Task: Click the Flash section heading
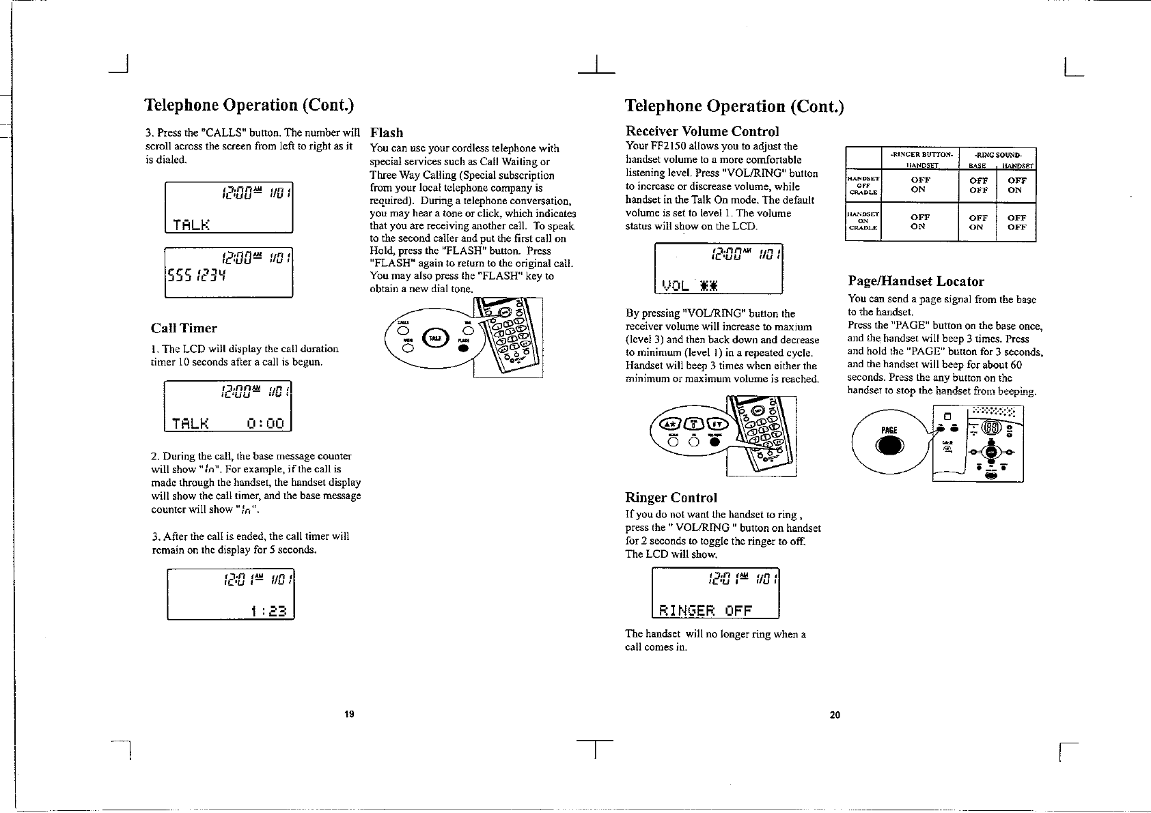tap(387, 132)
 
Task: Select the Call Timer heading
tap(184, 328)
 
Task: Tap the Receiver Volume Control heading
tap(702, 131)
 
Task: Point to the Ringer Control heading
tap(671, 498)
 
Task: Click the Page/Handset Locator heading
tap(916, 281)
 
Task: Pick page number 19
tap(349, 715)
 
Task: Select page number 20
tap(834, 715)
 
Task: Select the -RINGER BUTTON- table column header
tap(920, 154)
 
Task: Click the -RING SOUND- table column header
tap(998, 154)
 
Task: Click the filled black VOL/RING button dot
tap(715, 442)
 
